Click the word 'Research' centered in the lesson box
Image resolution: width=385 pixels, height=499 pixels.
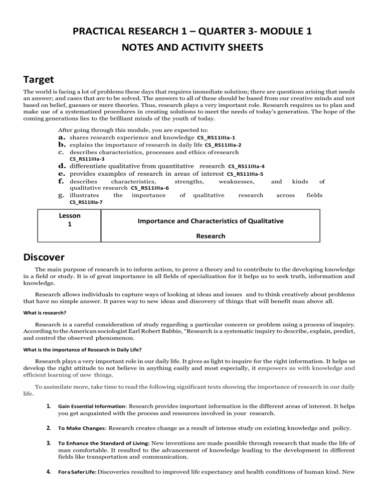(x=211, y=235)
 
